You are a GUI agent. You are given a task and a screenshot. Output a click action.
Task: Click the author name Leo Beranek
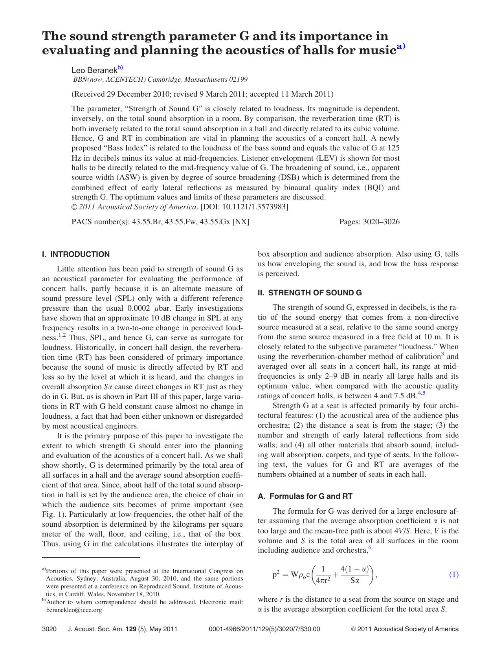[x=94, y=70]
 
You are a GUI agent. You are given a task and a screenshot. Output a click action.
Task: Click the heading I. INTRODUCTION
[x=76, y=255]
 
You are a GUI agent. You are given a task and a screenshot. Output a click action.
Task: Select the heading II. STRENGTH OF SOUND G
[x=310, y=293]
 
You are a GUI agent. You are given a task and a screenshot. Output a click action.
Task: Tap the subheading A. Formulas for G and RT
[x=305, y=496]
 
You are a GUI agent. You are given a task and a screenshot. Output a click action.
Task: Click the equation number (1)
[x=453, y=575]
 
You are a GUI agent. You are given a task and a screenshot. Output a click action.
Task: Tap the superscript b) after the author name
[x=120, y=68]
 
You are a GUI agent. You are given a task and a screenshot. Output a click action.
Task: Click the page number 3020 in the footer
[x=49, y=629]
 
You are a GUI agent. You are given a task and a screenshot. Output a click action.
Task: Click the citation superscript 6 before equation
[x=370, y=548]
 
